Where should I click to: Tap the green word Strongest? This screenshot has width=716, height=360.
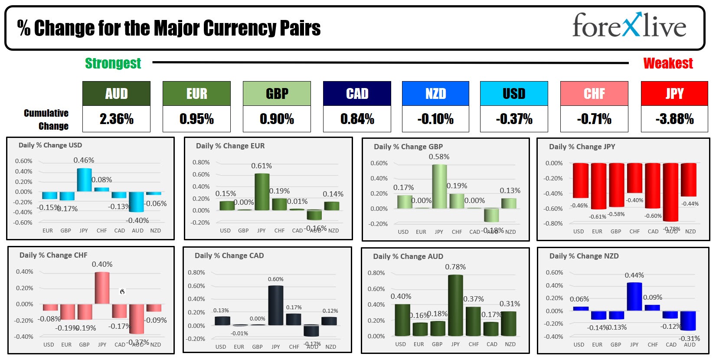113,63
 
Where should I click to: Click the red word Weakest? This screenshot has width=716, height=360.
668,63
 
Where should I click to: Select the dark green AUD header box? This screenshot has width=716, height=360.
116,94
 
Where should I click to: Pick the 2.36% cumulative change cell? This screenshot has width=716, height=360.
116,119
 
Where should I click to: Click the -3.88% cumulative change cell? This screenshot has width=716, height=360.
674,119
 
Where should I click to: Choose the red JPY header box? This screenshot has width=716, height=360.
674,94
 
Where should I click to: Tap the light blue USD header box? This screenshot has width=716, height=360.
514,94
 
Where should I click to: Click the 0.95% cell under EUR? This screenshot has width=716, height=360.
196,119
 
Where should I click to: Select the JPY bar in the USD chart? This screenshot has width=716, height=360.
84,180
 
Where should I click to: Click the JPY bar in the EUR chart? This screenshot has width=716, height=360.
262,192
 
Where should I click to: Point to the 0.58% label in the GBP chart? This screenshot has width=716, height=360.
439,157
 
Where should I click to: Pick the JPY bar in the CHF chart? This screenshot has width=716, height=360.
102,288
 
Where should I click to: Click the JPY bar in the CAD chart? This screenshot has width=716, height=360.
275,305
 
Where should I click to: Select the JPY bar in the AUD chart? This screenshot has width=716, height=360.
455,305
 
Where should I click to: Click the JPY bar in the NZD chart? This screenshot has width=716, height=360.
634,297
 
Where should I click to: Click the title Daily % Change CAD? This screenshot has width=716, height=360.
229,255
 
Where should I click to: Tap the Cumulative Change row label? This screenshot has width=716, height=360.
46,119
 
